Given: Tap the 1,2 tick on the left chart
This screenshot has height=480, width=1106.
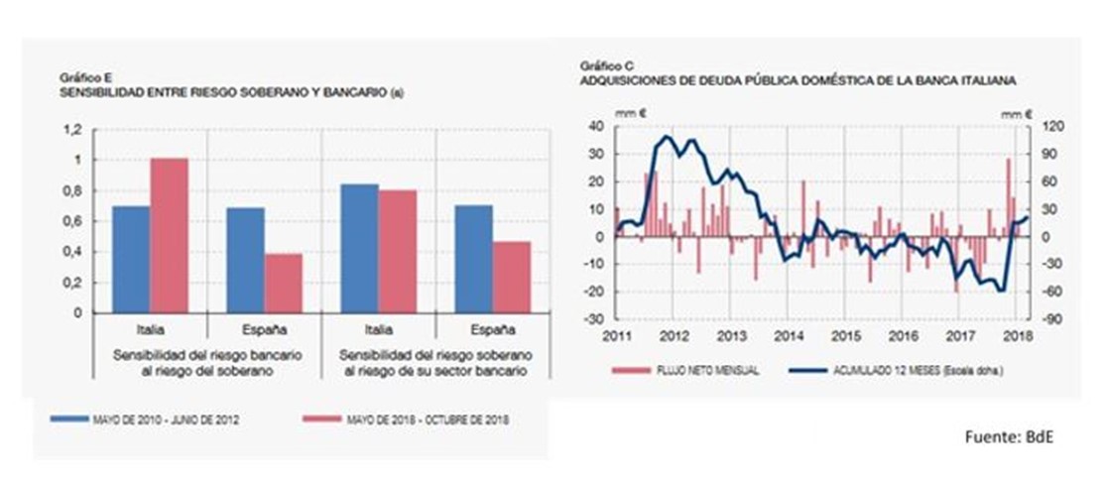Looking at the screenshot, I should point(72,130).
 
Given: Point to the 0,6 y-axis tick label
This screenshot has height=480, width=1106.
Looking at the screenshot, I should point(72,221).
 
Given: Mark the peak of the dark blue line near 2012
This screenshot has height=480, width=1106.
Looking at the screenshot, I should point(666,137).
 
